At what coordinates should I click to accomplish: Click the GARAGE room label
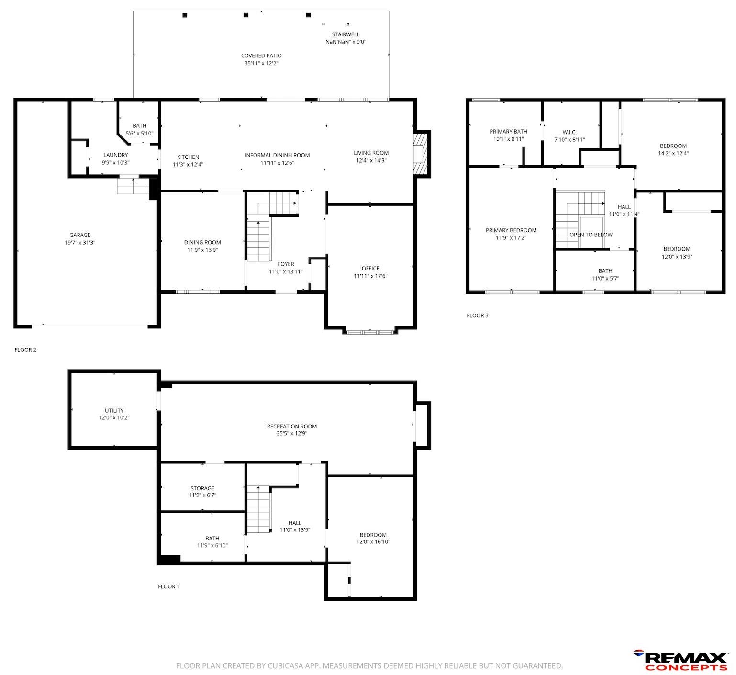tap(80, 235)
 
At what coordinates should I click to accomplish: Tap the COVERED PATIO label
tap(261, 56)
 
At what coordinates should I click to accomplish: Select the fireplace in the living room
tap(421, 154)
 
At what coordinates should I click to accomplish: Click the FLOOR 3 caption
tap(478, 315)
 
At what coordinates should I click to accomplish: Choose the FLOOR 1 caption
tap(168, 586)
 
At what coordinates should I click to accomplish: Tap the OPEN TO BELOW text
tap(591, 235)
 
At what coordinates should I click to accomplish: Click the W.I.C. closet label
tap(569, 132)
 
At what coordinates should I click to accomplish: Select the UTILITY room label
tap(114, 410)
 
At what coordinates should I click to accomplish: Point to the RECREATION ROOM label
tap(292, 426)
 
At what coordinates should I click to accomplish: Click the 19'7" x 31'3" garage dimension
tap(80, 243)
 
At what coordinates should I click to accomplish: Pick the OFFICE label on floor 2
tap(370, 268)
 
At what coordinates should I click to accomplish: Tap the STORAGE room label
tap(202, 488)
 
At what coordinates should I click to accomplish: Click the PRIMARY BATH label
tap(508, 131)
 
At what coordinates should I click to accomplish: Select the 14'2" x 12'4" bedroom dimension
tap(673, 153)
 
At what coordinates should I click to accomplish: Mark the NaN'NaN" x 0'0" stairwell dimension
tap(346, 42)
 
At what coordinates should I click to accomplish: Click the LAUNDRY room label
tap(116, 155)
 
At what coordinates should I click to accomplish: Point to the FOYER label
tap(286, 264)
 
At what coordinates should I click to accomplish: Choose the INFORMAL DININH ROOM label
tap(278, 155)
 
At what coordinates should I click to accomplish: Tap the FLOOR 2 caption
tap(26, 350)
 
